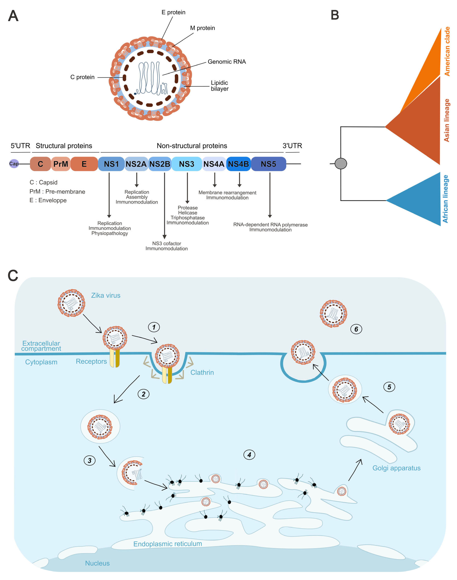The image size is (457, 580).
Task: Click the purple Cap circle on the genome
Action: pyautogui.click(x=14, y=164)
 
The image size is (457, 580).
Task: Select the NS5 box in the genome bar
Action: pyautogui.click(x=268, y=164)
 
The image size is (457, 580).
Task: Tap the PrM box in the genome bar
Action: pyautogui.click(x=61, y=164)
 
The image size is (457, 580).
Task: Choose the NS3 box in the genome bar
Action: pyautogui.click(x=186, y=164)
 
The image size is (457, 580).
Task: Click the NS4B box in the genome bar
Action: pyautogui.click(x=238, y=164)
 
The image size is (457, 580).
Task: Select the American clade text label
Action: pyautogui.click(x=447, y=51)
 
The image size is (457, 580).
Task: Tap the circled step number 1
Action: pyautogui.click(x=154, y=327)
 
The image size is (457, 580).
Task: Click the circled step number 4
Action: pyautogui.click(x=249, y=455)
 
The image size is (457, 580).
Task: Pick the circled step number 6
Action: pyautogui.click(x=356, y=329)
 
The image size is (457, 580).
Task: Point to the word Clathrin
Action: pyautogui.click(x=202, y=372)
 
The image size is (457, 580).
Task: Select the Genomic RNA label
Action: pyautogui.click(x=227, y=62)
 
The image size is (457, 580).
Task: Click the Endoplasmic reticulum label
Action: pyautogui.click(x=167, y=544)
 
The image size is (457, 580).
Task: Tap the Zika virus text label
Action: pyautogui.click(x=106, y=295)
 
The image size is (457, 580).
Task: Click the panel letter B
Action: pyautogui.click(x=335, y=15)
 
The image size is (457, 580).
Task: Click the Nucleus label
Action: pyautogui.click(x=97, y=563)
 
